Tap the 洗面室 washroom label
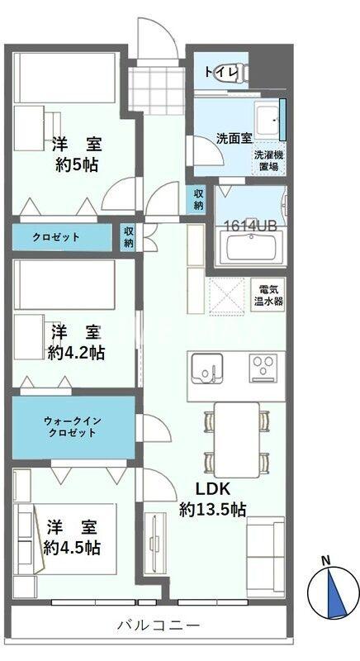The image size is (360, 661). pyautogui.click(x=234, y=138)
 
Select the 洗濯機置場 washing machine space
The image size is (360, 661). pyautogui.click(x=266, y=160)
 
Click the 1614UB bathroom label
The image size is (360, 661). pyautogui.click(x=249, y=224)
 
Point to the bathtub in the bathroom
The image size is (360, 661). pyautogui.click(x=253, y=247)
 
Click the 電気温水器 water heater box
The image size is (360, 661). pyautogui.click(x=268, y=295)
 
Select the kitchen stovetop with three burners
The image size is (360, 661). pyautogui.click(x=265, y=364)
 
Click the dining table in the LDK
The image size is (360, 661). pyautogui.click(x=236, y=437)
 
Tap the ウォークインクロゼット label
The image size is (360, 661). pyautogui.click(x=73, y=426)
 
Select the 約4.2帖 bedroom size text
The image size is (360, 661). pyautogui.click(x=76, y=353)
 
